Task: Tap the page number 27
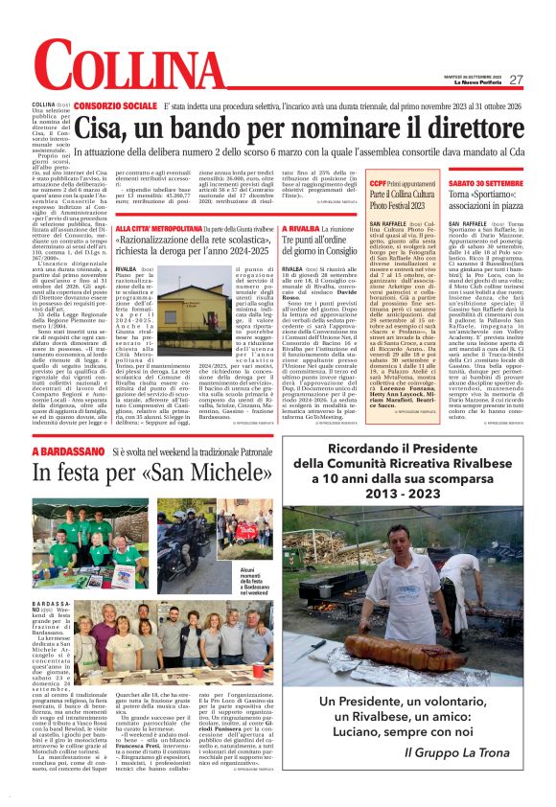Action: [516, 80]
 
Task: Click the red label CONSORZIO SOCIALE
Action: [114, 103]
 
